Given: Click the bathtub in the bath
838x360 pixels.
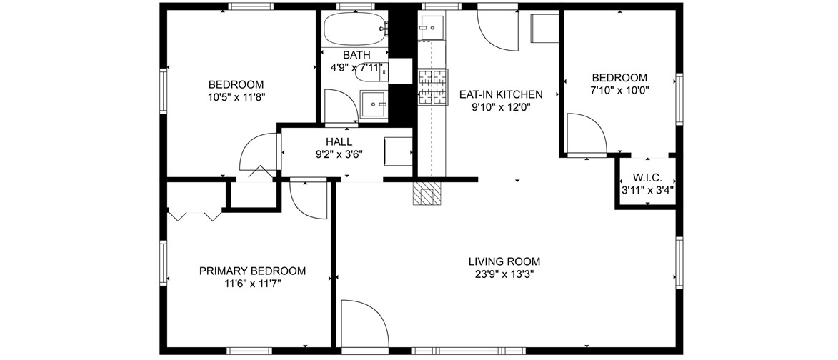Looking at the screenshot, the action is click(355, 29).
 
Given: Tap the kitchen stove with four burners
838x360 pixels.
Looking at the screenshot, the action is click(432, 86).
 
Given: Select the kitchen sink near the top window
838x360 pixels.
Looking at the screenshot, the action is click(431, 27).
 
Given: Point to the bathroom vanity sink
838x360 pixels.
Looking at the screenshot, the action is click(373, 104).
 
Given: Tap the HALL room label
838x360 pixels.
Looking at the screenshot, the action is click(339, 142).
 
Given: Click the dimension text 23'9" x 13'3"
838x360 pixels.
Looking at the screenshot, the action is click(504, 274).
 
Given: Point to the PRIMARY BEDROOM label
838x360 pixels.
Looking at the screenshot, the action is click(252, 271).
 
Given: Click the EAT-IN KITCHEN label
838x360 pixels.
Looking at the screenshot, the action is click(501, 94).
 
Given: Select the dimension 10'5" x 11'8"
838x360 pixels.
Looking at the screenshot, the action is click(236, 96).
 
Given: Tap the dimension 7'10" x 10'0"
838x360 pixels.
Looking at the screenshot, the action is click(619, 90).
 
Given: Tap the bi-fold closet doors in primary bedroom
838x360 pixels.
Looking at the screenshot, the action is click(194, 215).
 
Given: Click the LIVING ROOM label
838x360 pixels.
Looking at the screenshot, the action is click(504, 261).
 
